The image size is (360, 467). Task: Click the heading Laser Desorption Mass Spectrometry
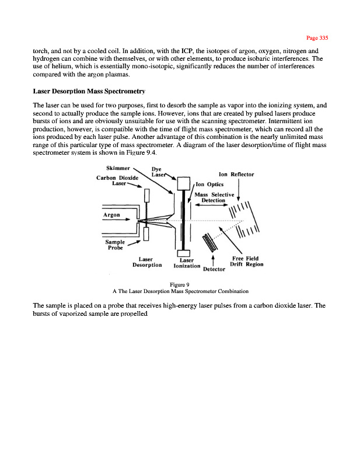pos(89,92)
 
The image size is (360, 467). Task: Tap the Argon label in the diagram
pos(112,215)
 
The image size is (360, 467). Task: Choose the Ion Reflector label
pos(236,175)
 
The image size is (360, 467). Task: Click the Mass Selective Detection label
pos(214,197)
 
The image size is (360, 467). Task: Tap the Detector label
pos(214,270)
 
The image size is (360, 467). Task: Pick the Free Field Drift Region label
pos(246,261)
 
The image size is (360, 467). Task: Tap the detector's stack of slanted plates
pos(209,241)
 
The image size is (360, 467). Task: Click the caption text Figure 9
pos(179,284)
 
